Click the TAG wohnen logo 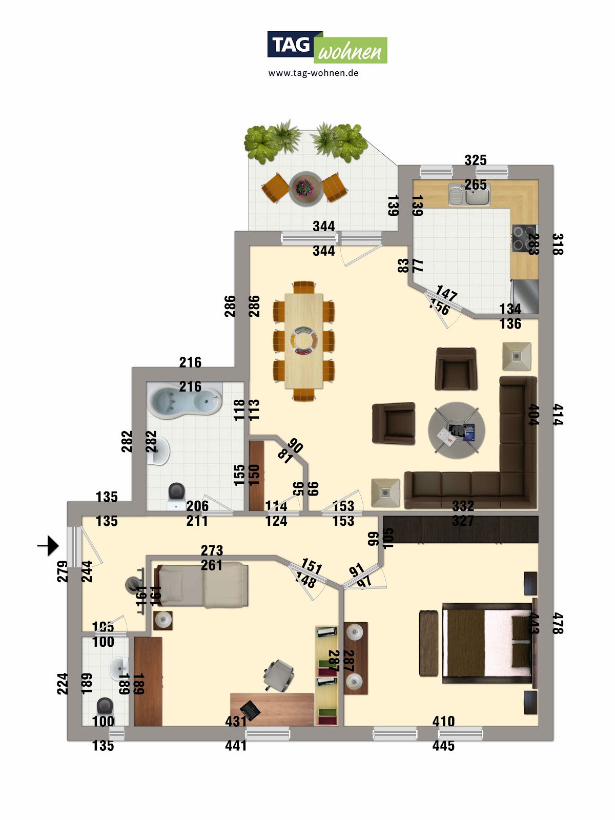point(327,47)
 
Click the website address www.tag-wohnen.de point(313,73)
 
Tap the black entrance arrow point(49,546)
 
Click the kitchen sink point(469,195)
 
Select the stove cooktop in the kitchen point(524,238)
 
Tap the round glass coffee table point(456,430)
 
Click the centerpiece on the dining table point(303,340)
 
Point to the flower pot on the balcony point(305,188)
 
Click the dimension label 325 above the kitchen point(475,160)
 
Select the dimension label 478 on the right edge point(558,623)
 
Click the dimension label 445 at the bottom point(443,746)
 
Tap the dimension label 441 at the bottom point(236,746)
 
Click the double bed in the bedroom point(487,643)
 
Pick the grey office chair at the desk point(278,674)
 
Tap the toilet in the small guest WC point(105,706)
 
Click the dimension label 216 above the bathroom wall point(190,362)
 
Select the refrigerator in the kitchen point(525,296)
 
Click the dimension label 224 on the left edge point(62,683)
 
